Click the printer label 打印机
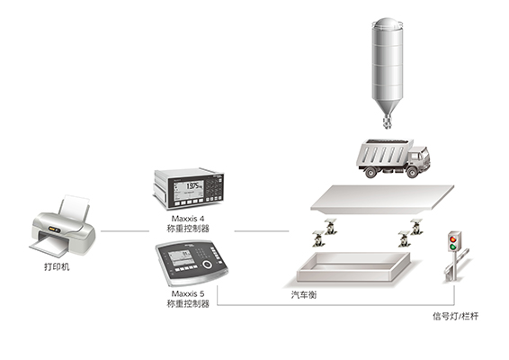tap(57, 266)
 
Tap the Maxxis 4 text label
tap(188, 219)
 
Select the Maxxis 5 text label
tap(188, 293)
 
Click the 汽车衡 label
tap(304, 294)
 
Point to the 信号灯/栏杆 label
tap(455, 316)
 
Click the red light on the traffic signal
tap(452, 239)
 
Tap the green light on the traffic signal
tap(452, 247)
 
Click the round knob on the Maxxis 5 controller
tap(207, 264)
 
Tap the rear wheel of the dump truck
tap(371, 172)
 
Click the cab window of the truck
tap(415, 156)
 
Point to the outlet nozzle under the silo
tap(387, 121)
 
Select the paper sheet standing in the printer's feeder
tap(75, 206)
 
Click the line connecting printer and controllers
tap(125, 231)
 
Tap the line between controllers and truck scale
tap(262, 231)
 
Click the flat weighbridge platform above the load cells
tap(382, 199)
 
